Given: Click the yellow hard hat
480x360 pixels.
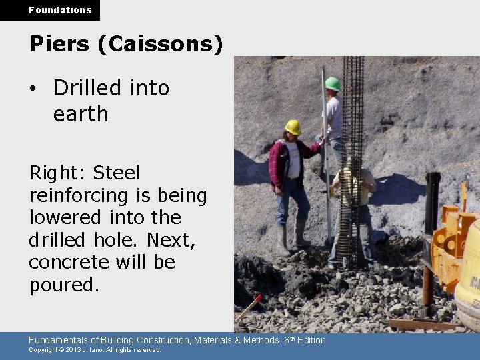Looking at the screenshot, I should tap(293, 127).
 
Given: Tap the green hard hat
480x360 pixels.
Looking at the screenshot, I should tap(332, 83).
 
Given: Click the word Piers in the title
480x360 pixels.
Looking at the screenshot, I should tap(59, 44).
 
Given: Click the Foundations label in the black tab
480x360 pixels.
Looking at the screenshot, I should tap(60, 10).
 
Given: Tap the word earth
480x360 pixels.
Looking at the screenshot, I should tap(81, 114).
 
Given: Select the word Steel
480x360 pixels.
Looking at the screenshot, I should tap(117, 173).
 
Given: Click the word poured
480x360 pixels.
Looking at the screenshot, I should tap(63, 285).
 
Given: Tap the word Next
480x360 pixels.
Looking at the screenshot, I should tap(171, 239).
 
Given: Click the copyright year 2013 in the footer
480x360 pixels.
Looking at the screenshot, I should tap(69, 350).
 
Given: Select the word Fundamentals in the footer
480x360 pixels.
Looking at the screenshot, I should tap(61, 340).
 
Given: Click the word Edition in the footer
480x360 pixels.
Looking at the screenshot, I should tap(311, 340).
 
